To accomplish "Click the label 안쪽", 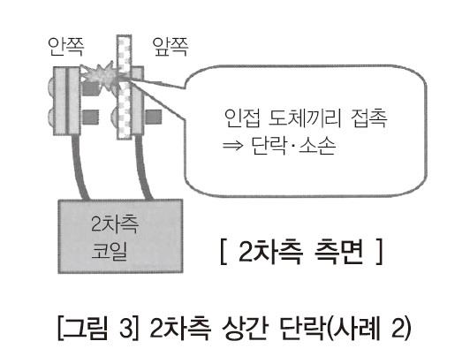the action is tap(66, 47).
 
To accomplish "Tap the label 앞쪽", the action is tap(171, 47).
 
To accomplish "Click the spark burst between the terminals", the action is tap(101, 76).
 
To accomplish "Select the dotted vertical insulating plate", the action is tap(124, 87).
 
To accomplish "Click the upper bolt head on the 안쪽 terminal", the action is tap(51, 85).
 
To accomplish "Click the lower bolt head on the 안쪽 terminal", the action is tap(51, 117).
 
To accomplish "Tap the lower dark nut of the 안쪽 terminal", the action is tap(90, 117).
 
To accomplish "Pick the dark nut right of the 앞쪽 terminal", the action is tap(154, 117).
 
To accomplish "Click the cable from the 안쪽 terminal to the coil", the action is tap(79, 167).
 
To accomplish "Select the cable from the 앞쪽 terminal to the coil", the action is tap(144, 167).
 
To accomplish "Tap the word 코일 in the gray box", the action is tap(110, 251).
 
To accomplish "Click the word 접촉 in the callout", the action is tap(369, 118).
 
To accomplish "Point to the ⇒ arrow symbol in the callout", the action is tap(232, 146).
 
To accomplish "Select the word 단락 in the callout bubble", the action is tap(269, 146).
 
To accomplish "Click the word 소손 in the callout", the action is tap(317, 146).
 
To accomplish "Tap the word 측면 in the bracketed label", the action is tap(339, 252).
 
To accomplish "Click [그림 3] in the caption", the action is tap(98, 328).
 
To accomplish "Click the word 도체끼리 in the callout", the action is tap(305, 118).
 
